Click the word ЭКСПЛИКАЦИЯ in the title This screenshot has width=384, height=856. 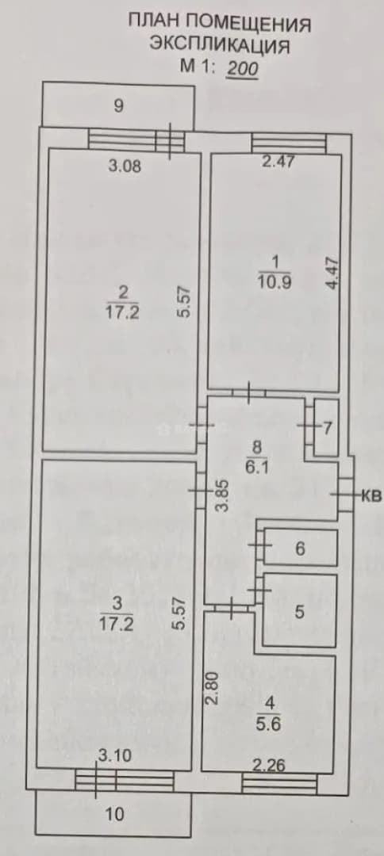tap(219, 45)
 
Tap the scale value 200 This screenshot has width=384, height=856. tap(242, 68)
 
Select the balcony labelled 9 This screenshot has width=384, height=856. tap(117, 105)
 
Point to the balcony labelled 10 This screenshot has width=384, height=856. tap(113, 815)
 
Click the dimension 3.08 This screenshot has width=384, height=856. tap(125, 166)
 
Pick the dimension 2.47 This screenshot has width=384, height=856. tap(278, 161)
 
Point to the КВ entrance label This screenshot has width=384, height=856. tap(371, 496)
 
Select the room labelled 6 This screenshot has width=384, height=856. tap(300, 548)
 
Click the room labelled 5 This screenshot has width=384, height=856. tap(299, 612)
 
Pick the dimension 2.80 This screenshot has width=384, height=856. tap(213, 688)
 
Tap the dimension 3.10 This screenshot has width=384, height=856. tap(115, 756)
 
